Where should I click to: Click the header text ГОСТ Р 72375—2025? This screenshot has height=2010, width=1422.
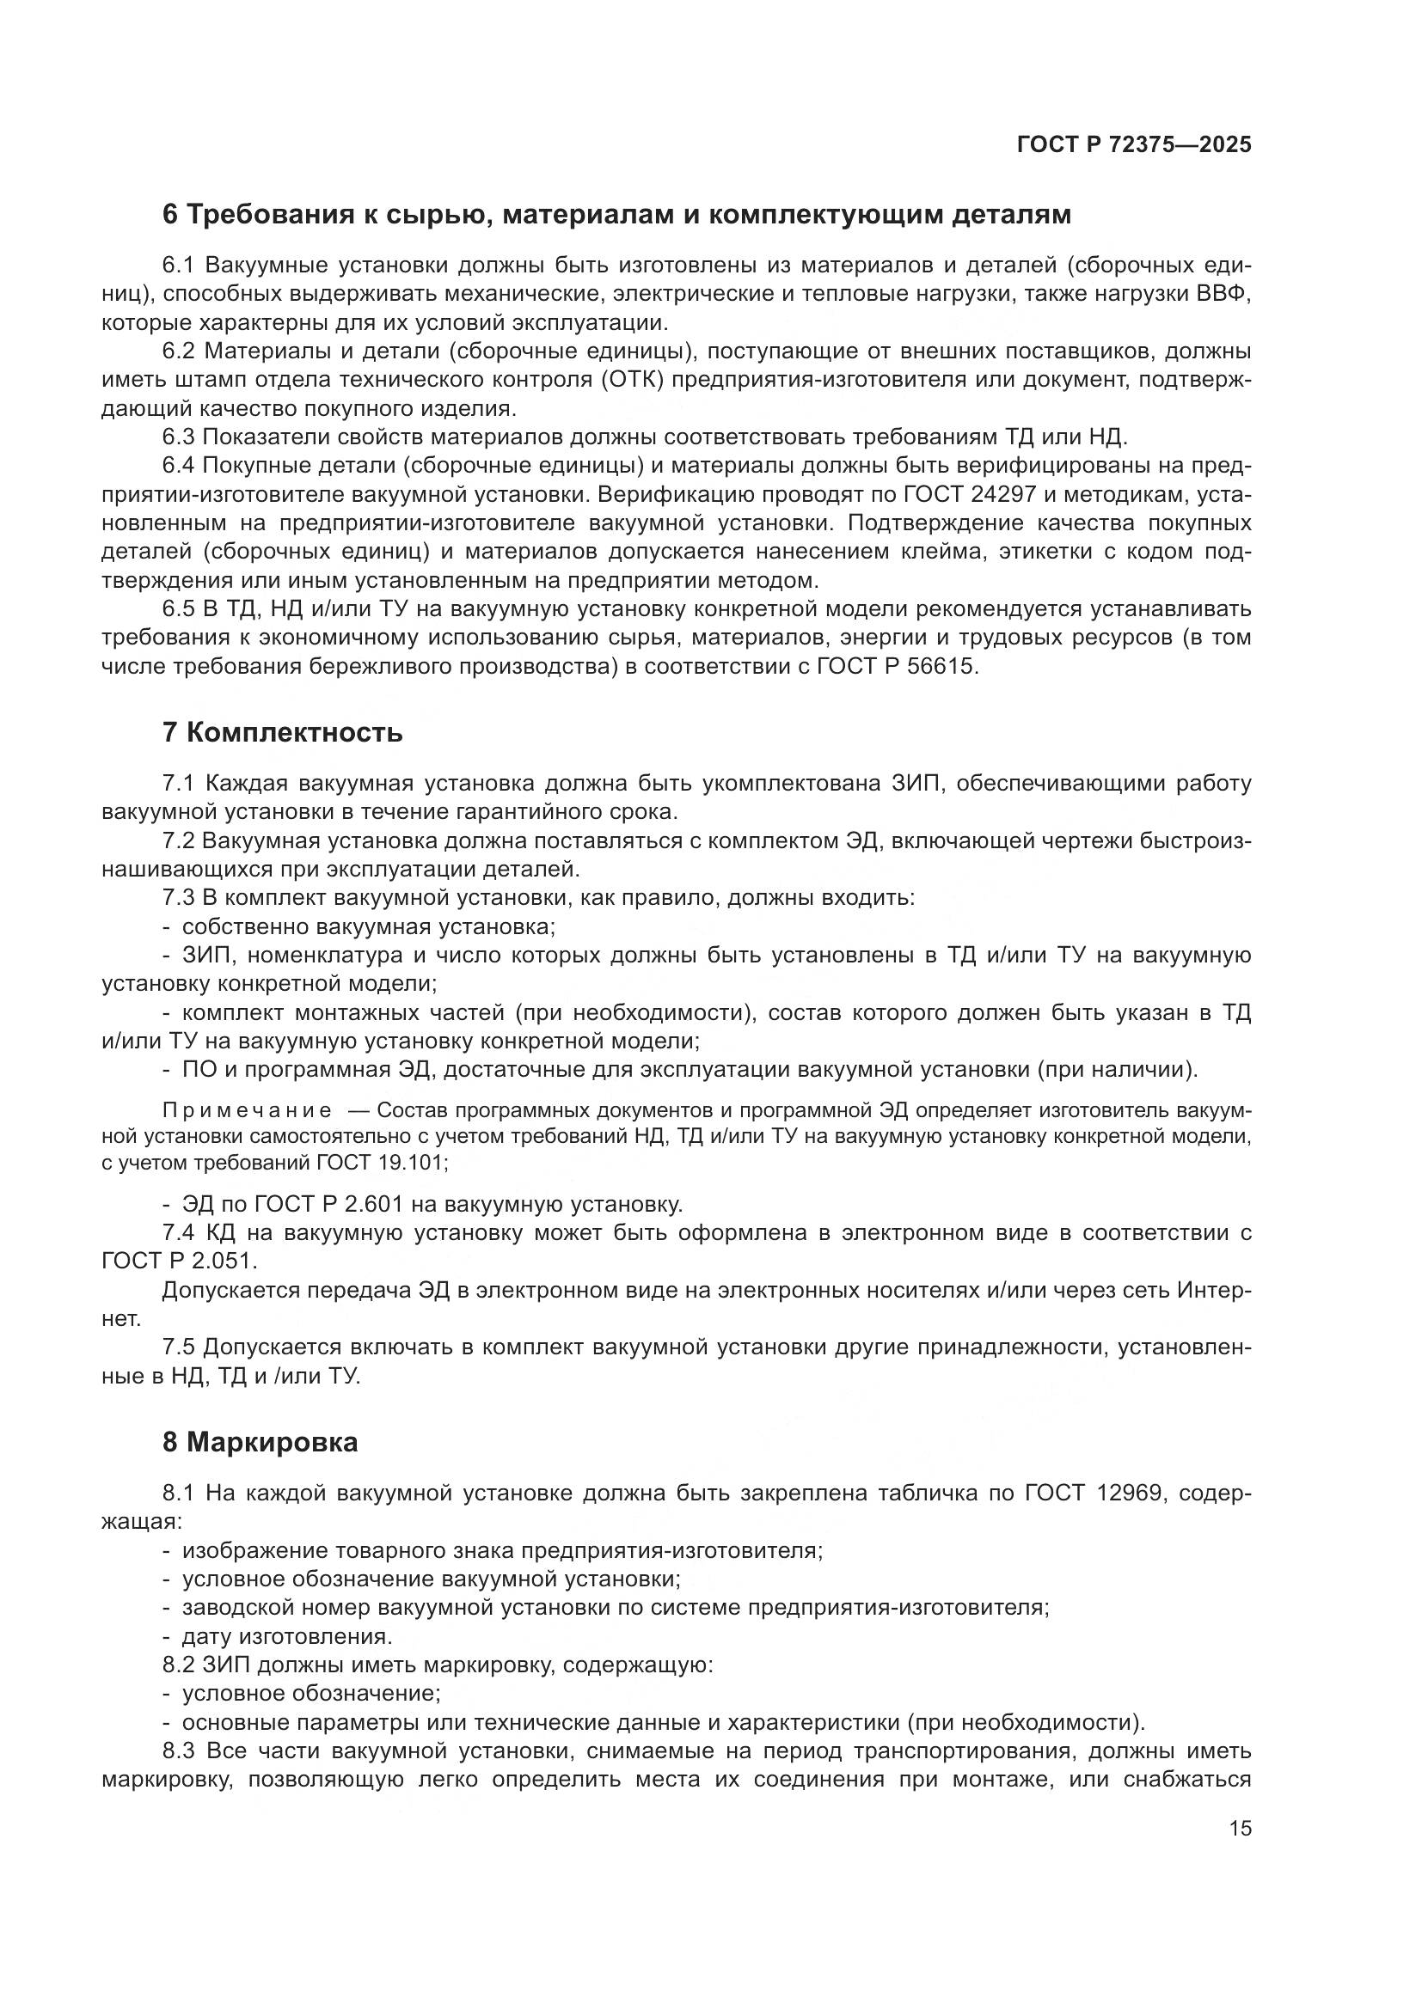click(x=1133, y=144)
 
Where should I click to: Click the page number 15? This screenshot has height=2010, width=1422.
click(x=1240, y=1828)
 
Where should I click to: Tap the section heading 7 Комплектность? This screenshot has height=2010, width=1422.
click(x=283, y=732)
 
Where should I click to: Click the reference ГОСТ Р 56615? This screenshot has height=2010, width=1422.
click(x=896, y=666)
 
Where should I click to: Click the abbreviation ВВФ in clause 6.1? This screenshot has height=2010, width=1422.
click(x=1223, y=294)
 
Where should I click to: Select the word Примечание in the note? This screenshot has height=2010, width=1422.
click(x=247, y=1112)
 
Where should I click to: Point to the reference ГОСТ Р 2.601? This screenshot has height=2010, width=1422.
click(x=328, y=1205)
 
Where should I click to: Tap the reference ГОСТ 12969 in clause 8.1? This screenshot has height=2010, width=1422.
click(x=1094, y=1493)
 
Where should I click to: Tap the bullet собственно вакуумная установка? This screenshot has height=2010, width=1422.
click(x=368, y=926)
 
